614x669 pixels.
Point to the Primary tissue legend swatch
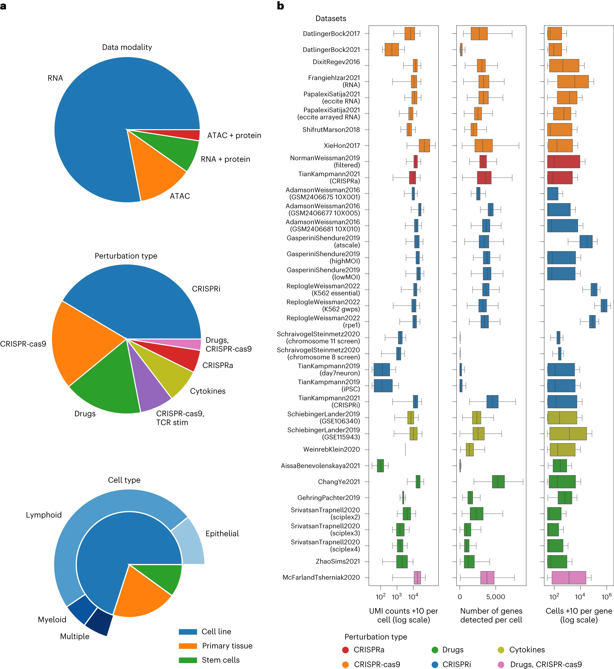pos(188,646)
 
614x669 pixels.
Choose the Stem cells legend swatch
pos(188,660)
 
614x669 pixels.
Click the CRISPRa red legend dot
pos(345,650)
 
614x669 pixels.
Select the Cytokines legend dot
pos(501,650)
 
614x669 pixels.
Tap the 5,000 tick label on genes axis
pos(495,597)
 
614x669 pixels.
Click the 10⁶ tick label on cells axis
pos(606,597)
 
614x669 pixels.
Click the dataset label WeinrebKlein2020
pos(331,449)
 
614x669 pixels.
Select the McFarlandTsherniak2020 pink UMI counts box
pos(417,578)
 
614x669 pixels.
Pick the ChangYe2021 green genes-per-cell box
pos(498,481)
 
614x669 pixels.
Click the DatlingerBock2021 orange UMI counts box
pos(391,50)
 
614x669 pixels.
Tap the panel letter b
pos(280,6)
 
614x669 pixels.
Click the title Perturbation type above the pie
pos(126,256)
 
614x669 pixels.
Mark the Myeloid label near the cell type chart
pos(52,619)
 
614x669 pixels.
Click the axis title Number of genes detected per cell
pos(491,615)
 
